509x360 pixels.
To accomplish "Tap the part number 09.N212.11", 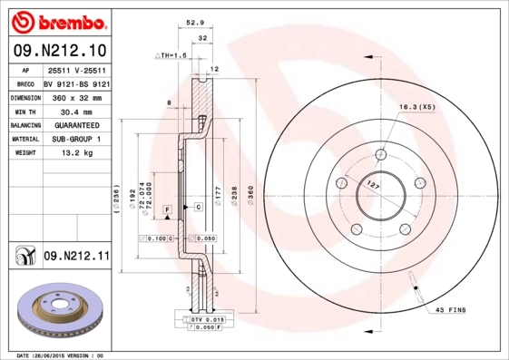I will [76, 257].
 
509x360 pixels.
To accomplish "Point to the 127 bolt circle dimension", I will [371, 186].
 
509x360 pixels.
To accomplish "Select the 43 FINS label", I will [450, 310].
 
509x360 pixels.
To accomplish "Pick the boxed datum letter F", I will [168, 209].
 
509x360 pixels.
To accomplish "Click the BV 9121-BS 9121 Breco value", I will [76, 82].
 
